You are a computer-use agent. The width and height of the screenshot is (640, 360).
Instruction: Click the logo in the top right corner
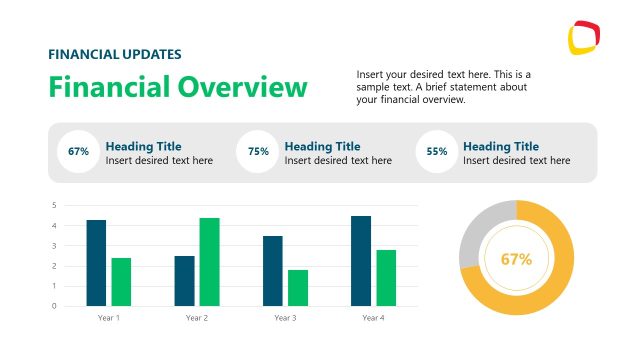584,38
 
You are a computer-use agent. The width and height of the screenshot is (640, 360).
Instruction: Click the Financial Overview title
178,87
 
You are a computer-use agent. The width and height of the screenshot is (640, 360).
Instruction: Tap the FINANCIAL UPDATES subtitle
115,54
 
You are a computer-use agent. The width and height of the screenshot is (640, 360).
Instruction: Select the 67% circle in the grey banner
78,152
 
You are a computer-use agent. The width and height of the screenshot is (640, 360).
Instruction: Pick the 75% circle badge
258,152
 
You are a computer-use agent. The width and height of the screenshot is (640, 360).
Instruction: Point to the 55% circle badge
437,152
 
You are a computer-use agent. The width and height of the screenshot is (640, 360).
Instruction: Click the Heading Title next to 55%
500,146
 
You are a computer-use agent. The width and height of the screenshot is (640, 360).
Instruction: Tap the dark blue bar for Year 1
96,263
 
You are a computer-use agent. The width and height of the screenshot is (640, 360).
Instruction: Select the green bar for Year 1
121,282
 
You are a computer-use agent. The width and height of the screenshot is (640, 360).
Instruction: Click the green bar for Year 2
209,262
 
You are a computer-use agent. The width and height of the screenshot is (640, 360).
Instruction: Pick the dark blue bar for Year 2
184,281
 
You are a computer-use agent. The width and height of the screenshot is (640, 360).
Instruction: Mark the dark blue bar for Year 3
273,271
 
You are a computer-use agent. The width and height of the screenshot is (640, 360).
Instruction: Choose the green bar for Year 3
297,288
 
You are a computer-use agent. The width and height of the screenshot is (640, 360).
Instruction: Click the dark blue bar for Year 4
361,261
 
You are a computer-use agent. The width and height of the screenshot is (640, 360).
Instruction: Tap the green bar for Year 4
386,278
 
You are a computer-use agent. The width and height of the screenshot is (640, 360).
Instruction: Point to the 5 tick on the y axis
53,205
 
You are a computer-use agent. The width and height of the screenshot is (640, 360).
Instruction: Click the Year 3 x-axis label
285,318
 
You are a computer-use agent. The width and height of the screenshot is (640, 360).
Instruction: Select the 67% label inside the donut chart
516,259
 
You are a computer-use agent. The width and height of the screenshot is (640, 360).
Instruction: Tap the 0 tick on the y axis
53,306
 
